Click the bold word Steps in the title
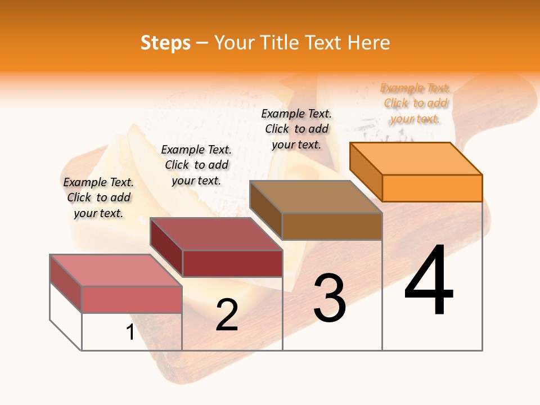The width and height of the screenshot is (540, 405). pos(165,43)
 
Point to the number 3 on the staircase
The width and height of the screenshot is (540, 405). pos(330,298)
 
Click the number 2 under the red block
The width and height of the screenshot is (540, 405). pos(227,315)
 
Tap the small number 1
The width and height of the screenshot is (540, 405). pos(130,332)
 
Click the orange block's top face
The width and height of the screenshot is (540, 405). pos(415,158)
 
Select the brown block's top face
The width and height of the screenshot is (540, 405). pos(315,196)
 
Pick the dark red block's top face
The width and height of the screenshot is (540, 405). pos(215,233)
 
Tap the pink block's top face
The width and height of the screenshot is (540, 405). pos(115,270)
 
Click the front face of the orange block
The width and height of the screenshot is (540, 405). pos(432,188)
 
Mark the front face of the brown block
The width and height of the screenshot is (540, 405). pos(332,226)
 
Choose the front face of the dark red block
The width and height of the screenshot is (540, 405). pos(232,263)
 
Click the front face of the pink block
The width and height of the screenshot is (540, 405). pos(132,299)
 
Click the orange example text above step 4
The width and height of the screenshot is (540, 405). pos(415,103)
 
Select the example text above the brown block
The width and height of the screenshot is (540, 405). pos(296,129)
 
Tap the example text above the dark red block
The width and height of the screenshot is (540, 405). pos(196,165)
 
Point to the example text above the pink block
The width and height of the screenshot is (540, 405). pos(98,197)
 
